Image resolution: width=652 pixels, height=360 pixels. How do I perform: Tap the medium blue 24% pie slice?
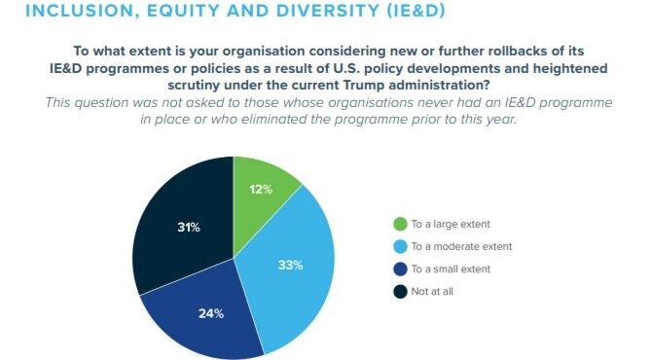pos(209,316)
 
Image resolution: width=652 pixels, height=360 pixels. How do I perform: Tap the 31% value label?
pos(188,227)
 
